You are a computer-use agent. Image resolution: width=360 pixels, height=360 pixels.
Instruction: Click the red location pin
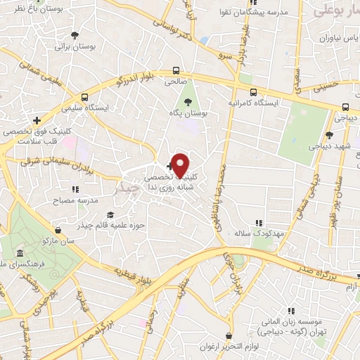(180, 165)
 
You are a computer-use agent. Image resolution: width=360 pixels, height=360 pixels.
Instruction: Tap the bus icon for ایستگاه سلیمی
(84, 97)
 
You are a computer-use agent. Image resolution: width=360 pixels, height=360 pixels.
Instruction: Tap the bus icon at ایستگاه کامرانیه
(252, 92)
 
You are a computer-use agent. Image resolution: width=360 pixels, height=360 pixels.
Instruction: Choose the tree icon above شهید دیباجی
(328, 134)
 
